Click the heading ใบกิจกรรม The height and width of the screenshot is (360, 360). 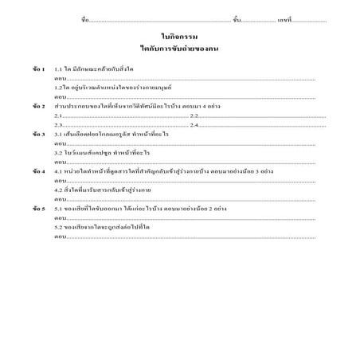178,37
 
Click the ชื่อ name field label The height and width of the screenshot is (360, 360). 85,18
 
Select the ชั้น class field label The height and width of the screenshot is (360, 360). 237,18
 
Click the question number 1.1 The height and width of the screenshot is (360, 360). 59,69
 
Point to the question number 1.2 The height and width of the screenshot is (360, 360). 59,87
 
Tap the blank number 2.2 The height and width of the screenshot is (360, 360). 183,115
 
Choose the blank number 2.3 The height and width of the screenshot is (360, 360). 58,124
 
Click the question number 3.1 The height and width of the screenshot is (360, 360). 59,134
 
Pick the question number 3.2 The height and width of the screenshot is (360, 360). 59,151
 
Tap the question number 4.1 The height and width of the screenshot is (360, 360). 59,170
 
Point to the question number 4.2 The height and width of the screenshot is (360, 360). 59,190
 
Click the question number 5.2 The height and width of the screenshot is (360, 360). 59,226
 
